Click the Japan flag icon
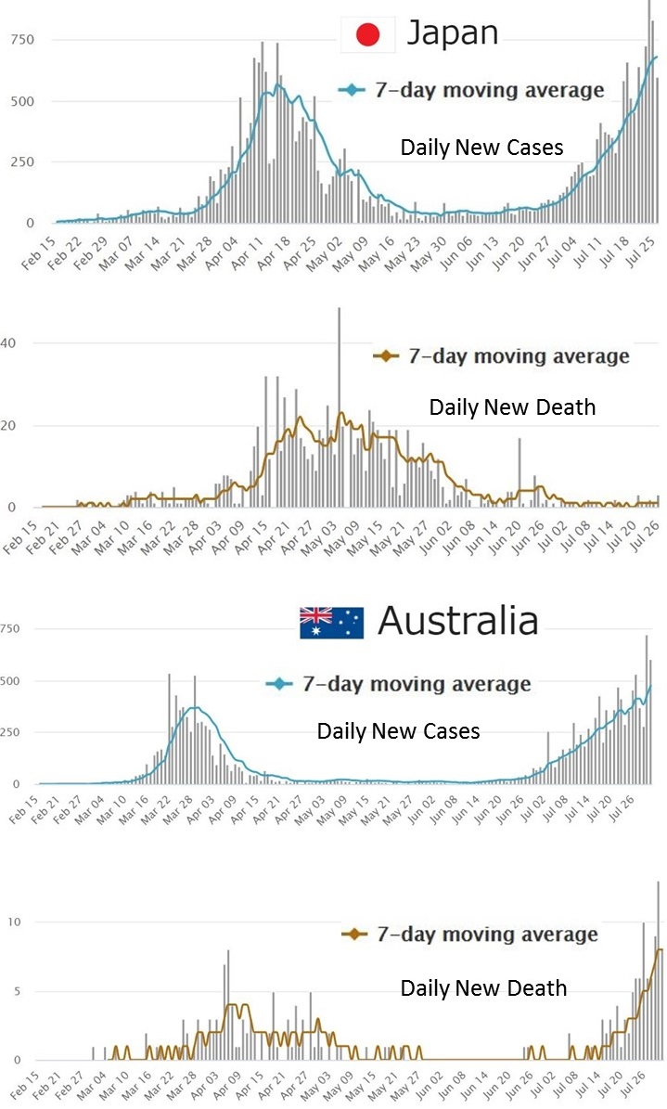tap(368, 35)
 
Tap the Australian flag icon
tap(330, 622)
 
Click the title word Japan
tap(454, 33)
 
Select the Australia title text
tap(458, 620)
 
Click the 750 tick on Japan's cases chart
tap(20, 40)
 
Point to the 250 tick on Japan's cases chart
tap(20, 162)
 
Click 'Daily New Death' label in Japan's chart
tap(511, 407)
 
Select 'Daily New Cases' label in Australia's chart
tap(398, 731)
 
